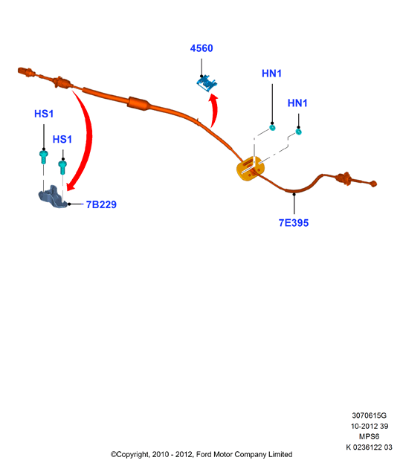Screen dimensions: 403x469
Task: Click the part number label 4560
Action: (x=201, y=48)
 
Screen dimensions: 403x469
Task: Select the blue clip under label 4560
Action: (x=207, y=83)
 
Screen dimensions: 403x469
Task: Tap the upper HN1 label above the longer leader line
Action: (x=271, y=74)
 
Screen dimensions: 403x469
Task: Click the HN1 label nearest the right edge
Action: (x=297, y=103)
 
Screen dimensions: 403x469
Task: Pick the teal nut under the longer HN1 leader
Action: (x=272, y=128)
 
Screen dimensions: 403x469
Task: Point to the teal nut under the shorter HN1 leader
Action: (x=298, y=132)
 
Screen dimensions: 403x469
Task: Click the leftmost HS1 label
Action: (x=44, y=114)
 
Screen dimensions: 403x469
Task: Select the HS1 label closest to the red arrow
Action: (x=62, y=139)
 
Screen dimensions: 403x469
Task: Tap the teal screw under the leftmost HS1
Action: (x=44, y=157)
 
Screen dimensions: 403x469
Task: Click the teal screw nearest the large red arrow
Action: (x=62, y=167)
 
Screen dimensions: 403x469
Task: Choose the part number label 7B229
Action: (x=101, y=204)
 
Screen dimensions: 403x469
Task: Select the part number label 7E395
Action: (x=294, y=223)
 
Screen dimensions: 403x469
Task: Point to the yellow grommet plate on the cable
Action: (x=250, y=168)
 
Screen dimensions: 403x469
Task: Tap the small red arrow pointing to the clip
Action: (x=214, y=110)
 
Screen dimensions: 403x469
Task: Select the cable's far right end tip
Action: (x=373, y=184)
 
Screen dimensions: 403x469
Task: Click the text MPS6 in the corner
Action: (x=369, y=436)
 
